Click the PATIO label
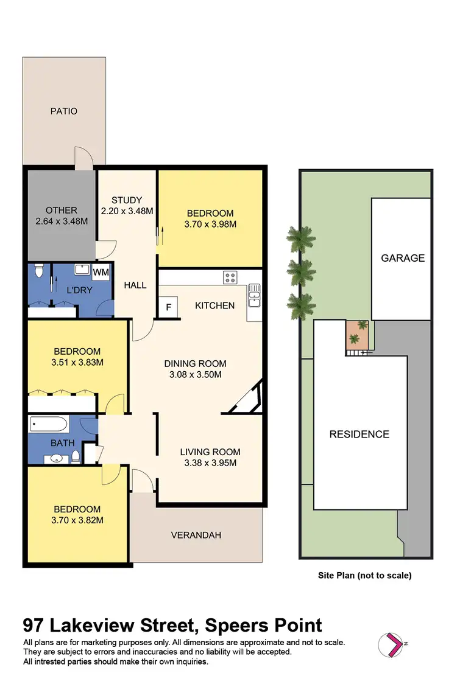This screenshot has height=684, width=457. (64, 111)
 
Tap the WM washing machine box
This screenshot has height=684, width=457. (101, 273)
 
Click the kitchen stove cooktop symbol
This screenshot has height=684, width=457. (231, 277)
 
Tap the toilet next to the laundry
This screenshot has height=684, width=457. (39, 271)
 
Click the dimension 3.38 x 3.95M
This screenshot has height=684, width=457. (210, 462)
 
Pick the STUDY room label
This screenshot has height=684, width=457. (127, 200)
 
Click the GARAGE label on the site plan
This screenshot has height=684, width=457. (402, 258)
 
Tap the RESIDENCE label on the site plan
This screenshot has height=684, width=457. (359, 434)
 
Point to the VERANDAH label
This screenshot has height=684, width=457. (196, 536)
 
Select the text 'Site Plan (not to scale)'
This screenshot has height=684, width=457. (364, 575)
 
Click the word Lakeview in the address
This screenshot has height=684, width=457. (105, 625)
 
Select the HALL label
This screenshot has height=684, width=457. (135, 285)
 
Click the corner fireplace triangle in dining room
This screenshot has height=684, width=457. (250, 400)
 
